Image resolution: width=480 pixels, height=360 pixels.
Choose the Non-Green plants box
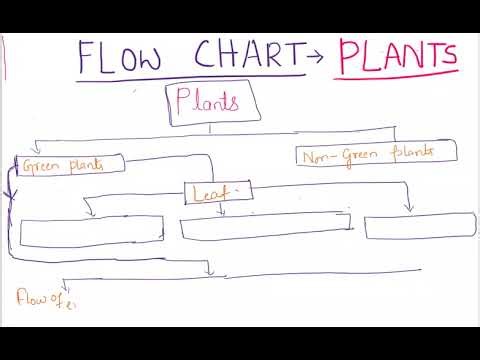376,154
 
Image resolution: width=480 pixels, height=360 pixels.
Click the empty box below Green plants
91,230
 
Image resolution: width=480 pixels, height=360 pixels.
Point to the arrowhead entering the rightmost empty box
408,209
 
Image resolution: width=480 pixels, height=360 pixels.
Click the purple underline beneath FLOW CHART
190,76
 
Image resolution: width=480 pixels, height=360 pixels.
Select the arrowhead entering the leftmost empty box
90,213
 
